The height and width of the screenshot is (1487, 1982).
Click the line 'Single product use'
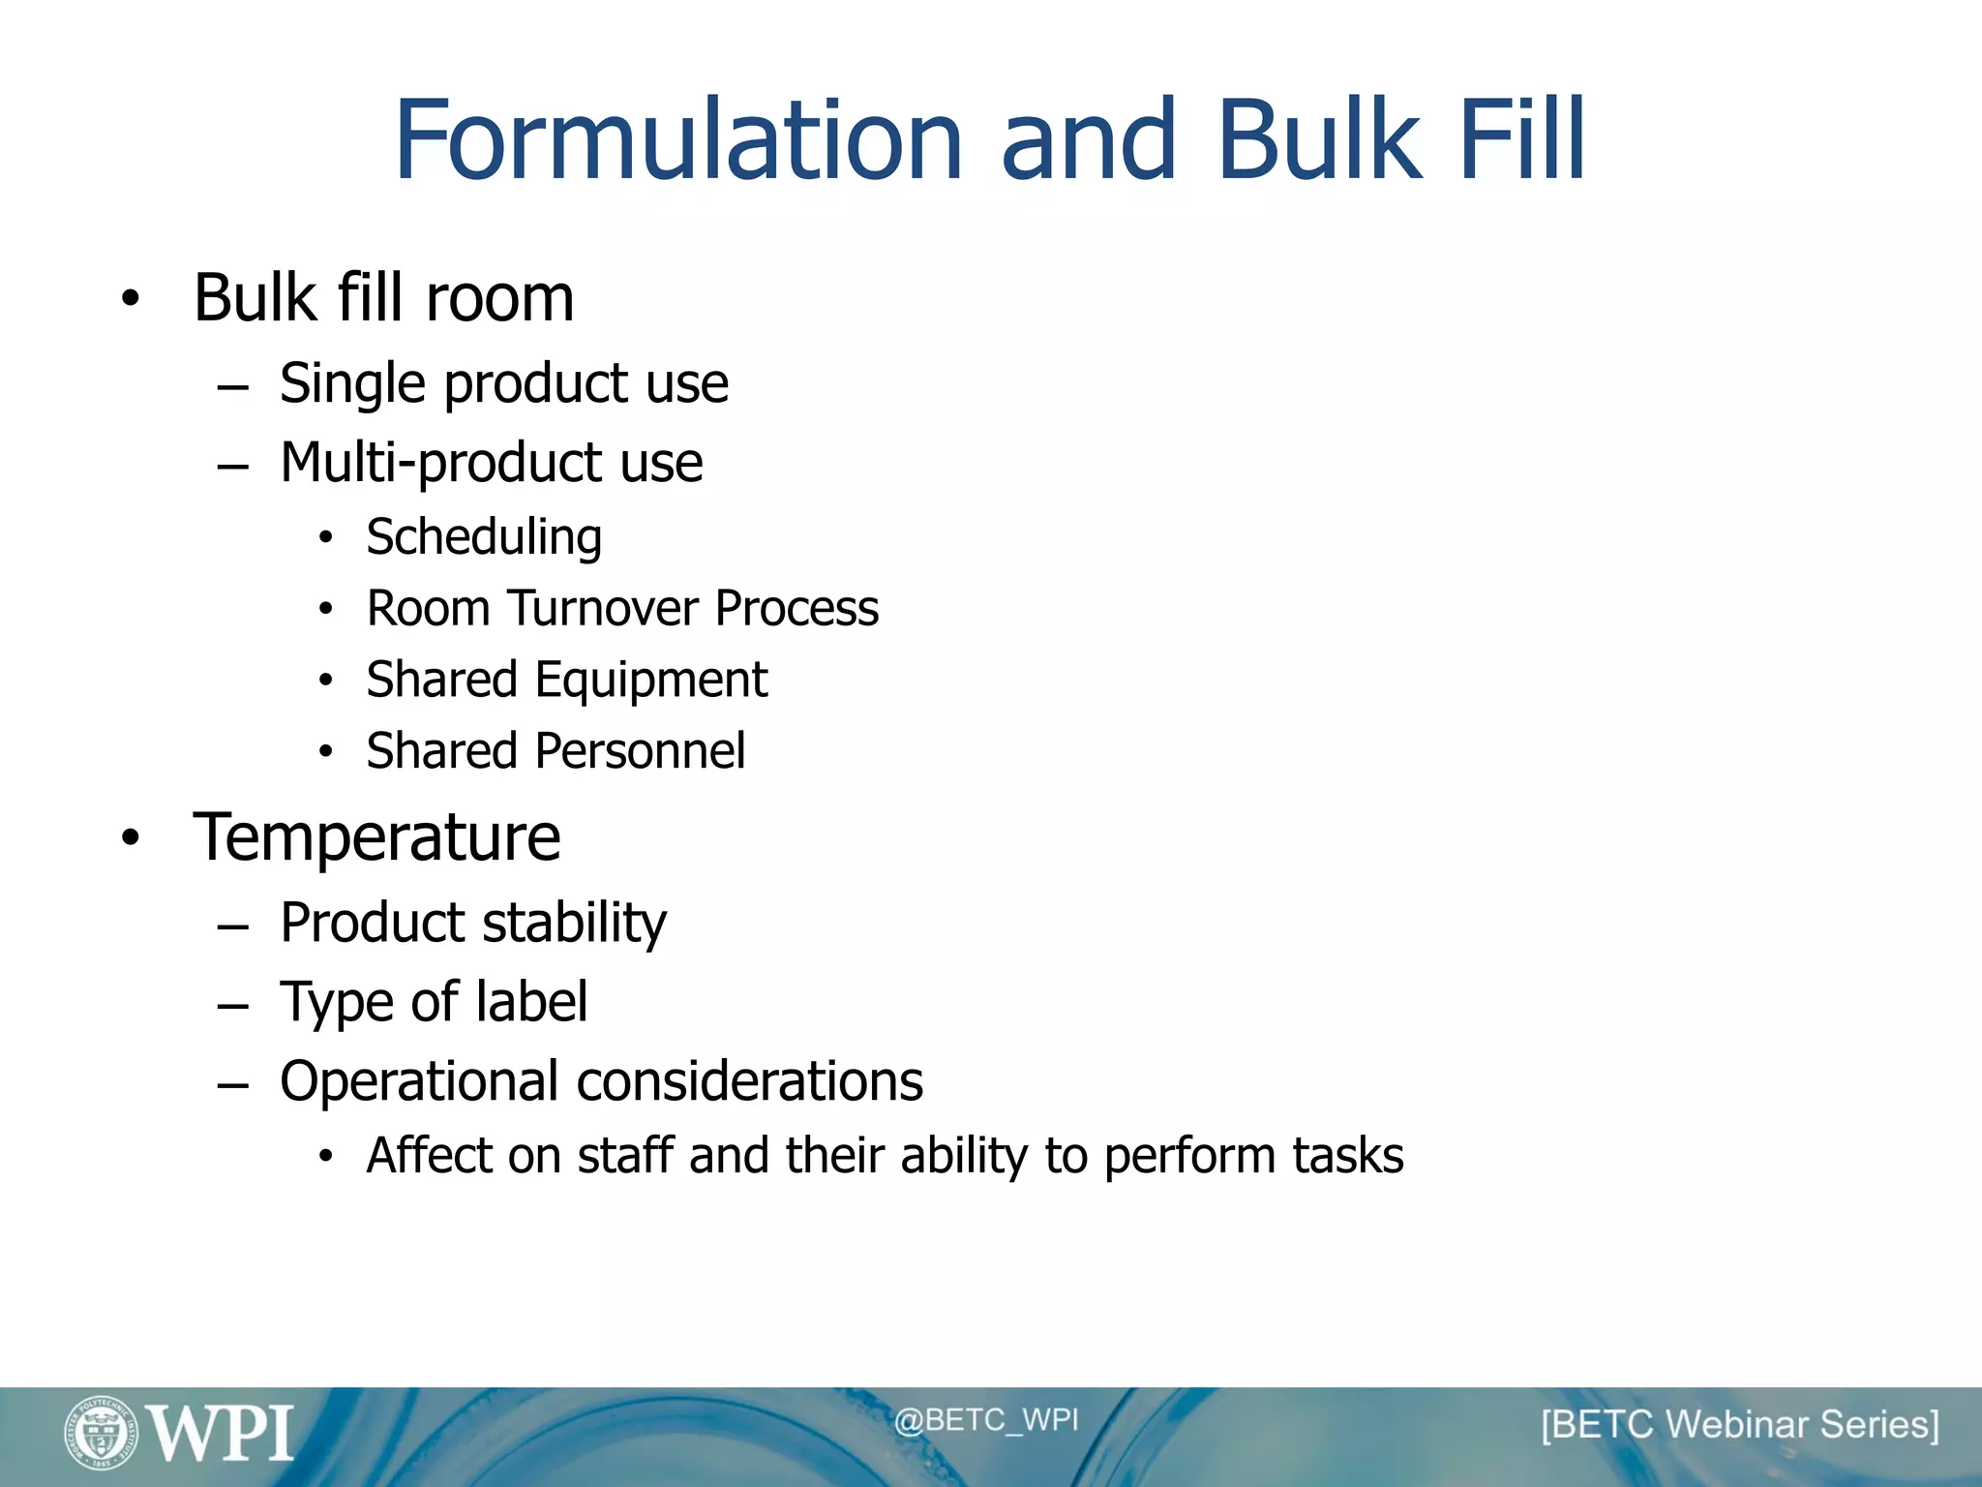point(503,383)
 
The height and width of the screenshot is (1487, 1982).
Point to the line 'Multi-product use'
point(491,462)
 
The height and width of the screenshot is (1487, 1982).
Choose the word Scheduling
point(484,537)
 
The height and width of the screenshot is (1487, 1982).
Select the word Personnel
point(640,751)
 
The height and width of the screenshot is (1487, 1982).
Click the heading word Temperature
point(376,837)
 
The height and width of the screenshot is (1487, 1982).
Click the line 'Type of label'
point(433,1002)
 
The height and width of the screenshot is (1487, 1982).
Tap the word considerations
point(749,1081)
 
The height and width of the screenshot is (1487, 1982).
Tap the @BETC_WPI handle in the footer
point(985,1420)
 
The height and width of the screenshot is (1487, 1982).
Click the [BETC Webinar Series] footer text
point(1740,1425)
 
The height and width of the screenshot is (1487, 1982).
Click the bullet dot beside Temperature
point(131,838)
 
